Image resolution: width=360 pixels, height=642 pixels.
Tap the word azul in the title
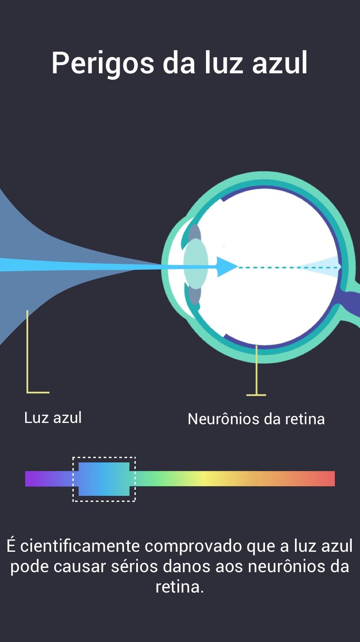pos(280,62)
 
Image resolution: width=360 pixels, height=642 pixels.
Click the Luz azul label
pos(53,418)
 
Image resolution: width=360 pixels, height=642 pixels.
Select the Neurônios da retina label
pos(256,419)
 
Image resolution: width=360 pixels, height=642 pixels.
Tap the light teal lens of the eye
pos(196,264)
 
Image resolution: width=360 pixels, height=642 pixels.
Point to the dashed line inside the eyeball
pos(289,268)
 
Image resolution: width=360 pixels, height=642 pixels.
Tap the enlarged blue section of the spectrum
pos(104,479)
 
